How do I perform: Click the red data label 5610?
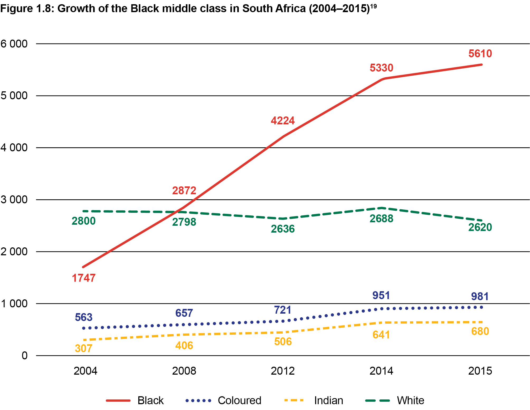(480, 54)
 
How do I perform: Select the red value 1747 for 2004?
(84, 278)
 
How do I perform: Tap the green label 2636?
(282, 229)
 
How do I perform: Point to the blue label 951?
(381, 295)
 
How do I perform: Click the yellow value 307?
(83, 348)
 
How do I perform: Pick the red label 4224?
(282, 121)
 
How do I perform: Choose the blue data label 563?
(83, 317)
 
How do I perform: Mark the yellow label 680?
(480, 331)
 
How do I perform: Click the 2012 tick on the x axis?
(282, 371)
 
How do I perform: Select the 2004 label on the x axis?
(85, 371)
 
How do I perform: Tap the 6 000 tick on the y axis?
(14, 44)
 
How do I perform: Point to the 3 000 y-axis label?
(14, 200)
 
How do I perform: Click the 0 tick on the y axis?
(25, 356)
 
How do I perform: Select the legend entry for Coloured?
(239, 400)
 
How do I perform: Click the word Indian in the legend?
(328, 400)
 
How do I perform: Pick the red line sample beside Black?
(118, 400)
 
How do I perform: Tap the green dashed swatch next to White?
(377, 400)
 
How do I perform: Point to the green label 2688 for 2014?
(381, 219)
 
